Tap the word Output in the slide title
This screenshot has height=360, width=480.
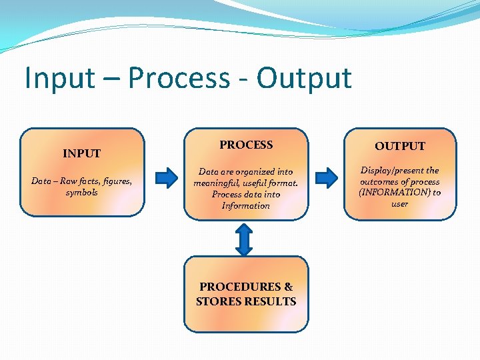tap(304, 78)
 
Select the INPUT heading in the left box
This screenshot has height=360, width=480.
tap(81, 153)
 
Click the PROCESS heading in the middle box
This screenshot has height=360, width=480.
tap(246, 145)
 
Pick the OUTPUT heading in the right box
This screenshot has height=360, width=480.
tap(399, 146)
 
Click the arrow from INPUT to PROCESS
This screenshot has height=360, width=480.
tap(164, 178)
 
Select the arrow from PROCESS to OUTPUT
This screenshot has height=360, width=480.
tap(326, 177)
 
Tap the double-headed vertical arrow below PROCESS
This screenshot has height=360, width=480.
tap(245, 239)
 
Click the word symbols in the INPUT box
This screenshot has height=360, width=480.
tap(81, 193)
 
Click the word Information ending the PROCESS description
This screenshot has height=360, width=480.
tap(245, 206)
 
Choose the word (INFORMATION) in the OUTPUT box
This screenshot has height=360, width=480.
tap(394, 193)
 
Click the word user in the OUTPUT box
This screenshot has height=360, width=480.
tap(399, 204)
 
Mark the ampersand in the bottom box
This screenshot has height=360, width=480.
tap(288, 287)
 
